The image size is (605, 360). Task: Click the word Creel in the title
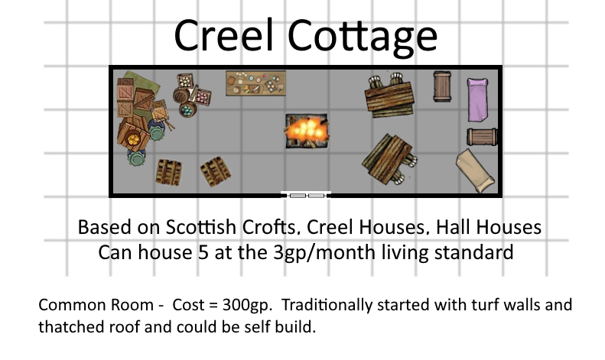click(224, 35)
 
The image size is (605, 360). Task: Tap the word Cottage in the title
click(363, 38)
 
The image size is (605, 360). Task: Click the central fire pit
click(307, 131)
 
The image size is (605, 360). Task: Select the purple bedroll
click(478, 99)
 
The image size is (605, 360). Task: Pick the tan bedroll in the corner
click(475, 170)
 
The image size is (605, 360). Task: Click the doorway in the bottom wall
click(306, 195)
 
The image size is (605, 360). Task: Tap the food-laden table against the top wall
click(255, 83)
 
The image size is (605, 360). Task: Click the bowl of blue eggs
click(187, 110)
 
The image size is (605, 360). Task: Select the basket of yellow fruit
click(133, 139)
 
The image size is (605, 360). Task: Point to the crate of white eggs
click(186, 81)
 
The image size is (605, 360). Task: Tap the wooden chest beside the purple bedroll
click(442, 86)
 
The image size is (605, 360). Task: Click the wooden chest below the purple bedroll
click(482, 137)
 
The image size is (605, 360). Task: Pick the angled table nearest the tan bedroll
click(388, 159)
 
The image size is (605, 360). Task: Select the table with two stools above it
click(389, 96)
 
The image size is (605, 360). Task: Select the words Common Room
click(96, 305)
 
